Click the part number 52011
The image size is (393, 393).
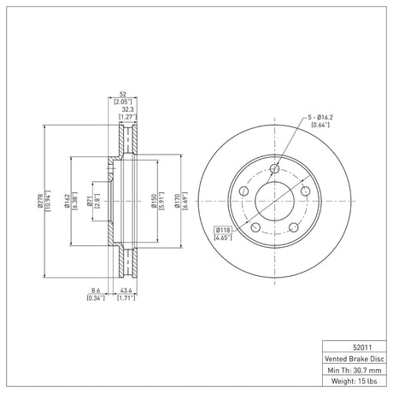pyautogui.click(x=362, y=347)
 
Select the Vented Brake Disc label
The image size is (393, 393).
pyautogui.click(x=355, y=359)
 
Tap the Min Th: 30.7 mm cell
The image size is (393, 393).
pyautogui.click(x=355, y=370)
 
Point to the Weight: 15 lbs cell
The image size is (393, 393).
pyautogui.click(x=355, y=381)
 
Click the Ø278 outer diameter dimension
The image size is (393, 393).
pyautogui.click(x=40, y=201)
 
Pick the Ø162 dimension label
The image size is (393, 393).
pyautogui.click(x=67, y=201)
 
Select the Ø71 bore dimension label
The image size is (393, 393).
pyautogui.click(x=89, y=201)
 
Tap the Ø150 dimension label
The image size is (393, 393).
pyautogui.click(x=154, y=201)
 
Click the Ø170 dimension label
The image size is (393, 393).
pyautogui.click(x=178, y=201)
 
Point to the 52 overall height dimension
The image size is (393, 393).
pyautogui.click(x=123, y=94)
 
